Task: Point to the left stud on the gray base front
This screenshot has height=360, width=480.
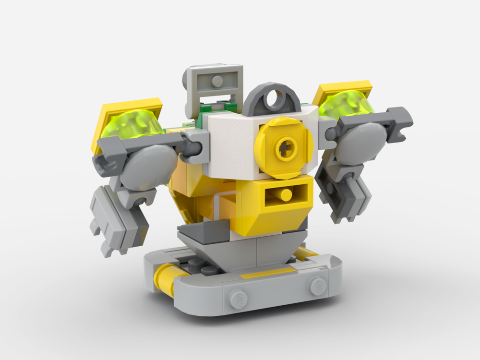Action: (x=239, y=299)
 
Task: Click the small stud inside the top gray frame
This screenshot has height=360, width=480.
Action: (x=217, y=81)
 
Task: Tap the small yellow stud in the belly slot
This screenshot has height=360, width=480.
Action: (x=286, y=195)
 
